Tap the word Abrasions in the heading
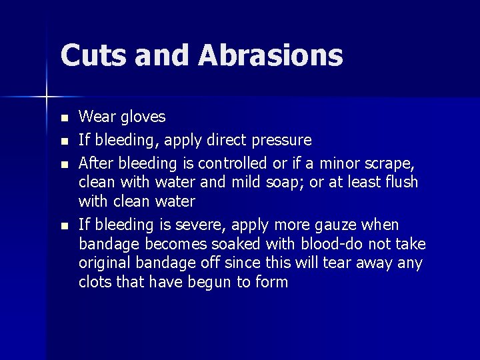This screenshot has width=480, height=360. tap(270, 55)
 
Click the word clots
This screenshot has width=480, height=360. tap(97, 282)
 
